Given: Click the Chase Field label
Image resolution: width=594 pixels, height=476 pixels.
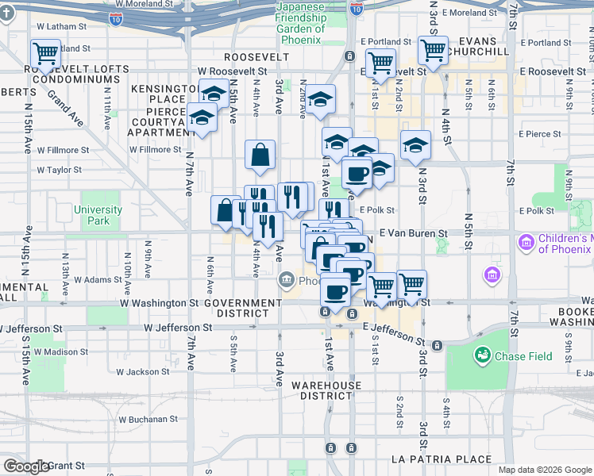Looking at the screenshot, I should point(523,356).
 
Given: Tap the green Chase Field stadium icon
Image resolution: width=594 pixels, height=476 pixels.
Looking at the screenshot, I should point(481,355).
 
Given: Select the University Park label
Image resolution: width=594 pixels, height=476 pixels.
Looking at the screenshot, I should point(98,215).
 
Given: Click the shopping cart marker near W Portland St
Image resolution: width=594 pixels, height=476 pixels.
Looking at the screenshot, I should point(45,54).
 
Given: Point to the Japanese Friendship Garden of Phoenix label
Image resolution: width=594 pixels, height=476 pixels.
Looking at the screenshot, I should point(300,24).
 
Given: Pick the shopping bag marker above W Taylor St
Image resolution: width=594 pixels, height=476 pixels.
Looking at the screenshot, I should point(260,155).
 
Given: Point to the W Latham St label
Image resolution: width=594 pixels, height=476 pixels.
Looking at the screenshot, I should point(60,26).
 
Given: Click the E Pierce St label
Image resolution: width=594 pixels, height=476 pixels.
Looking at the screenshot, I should point(540,135).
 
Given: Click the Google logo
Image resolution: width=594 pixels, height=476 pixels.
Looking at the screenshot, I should point(26,466).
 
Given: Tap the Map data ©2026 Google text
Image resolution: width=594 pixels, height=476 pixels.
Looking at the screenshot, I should point(545,470).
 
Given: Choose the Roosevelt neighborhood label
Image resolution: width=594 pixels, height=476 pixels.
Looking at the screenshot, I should point(256,57).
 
